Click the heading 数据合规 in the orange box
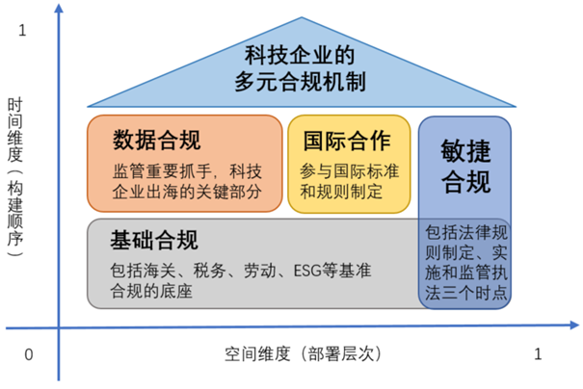[156, 140]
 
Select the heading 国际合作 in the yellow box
[347, 141]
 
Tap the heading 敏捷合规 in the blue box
[465, 167]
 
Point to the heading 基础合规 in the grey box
[154, 240]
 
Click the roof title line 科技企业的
[300, 55]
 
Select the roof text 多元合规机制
[300, 82]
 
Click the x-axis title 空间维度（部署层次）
[303, 353]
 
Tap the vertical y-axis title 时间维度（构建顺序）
[15, 177]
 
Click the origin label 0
[29, 355]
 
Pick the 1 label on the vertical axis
[22, 31]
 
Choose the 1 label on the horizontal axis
[538, 354]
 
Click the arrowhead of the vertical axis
[59, 8]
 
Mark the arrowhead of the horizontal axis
[574, 325]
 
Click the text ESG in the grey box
[307, 271]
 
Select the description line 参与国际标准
[350, 171]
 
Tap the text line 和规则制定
[341, 192]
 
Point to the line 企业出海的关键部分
[187, 192]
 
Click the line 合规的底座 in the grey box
[151, 291]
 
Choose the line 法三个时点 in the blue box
[465, 293]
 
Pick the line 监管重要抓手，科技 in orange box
[187, 171]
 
